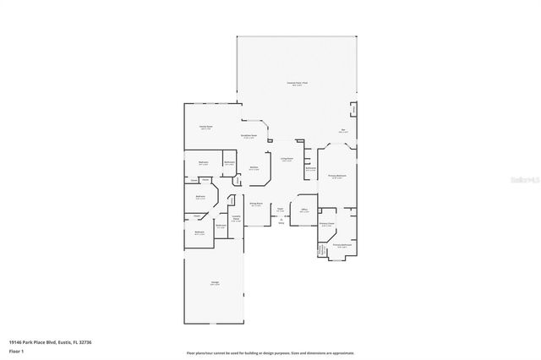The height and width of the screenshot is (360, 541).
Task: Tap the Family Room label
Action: pyautogui.click(x=205, y=127)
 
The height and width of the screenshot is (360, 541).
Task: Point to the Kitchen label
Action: pyautogui.click(x=254, y=168)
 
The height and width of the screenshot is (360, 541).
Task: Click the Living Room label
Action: pyautogui.click(x=287, y=159)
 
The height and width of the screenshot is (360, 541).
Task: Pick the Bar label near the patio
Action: pyautogui.click(x=343, y=130)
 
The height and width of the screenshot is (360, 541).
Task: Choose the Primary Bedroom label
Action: pyautogui.click(x=336, y=176)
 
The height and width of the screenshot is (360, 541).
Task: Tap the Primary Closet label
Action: pyautogui.click(x=327, y=225)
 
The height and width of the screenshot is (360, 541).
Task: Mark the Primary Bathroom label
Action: pyautogui.click(x=342, y=245)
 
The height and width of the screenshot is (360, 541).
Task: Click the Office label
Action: pyautogui.click(x=303, y=210)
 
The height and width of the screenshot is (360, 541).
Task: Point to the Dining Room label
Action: pyautogui.click(x=255, y=204)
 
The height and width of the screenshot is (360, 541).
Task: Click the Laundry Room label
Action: pyautogui.click(x=237, y=217)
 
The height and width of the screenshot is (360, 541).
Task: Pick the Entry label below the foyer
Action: pyautogui.click(x=281, y=222)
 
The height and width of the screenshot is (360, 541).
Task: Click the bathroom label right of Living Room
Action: pyautogui.click(x=310, y=169)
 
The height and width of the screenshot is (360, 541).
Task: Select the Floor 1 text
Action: pyautogui.click(x=17, y=350)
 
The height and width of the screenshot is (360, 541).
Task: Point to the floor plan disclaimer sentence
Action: pyautogui.click(x=270, y=352)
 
